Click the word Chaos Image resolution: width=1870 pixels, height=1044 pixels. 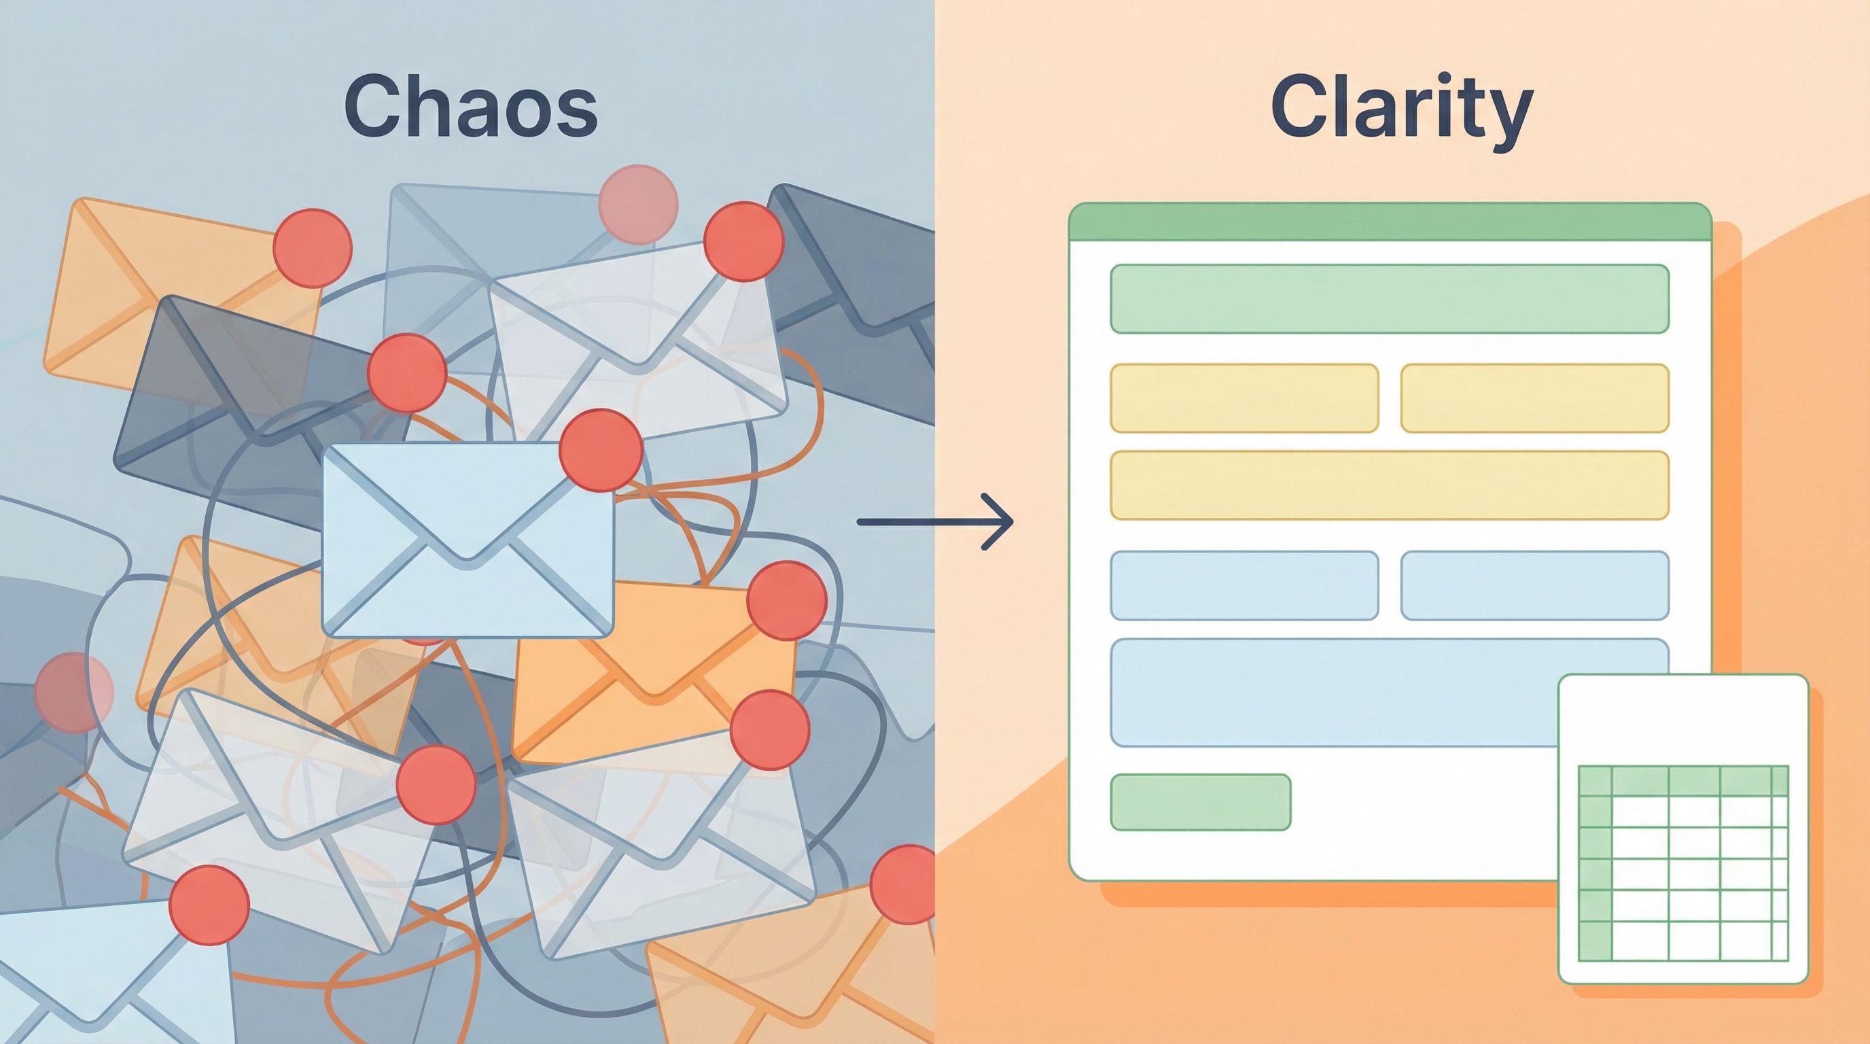470,109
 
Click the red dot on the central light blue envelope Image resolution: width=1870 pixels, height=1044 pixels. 602,450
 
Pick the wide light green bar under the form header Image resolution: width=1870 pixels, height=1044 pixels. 1390,299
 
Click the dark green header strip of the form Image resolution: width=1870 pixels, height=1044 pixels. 1390,222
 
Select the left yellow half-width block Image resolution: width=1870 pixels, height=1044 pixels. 1244,398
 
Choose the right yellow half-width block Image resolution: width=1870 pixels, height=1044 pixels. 1534,398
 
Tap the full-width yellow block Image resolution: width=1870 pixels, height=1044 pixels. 1390,485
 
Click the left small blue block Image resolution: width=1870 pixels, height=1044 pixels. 1244,585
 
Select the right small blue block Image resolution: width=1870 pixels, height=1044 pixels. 1534,585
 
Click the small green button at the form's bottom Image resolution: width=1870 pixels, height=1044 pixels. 1201,801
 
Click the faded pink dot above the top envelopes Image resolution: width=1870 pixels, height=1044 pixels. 638,205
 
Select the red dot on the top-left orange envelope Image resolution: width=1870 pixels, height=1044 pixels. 312,248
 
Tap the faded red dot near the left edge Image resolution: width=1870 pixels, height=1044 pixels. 74,691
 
